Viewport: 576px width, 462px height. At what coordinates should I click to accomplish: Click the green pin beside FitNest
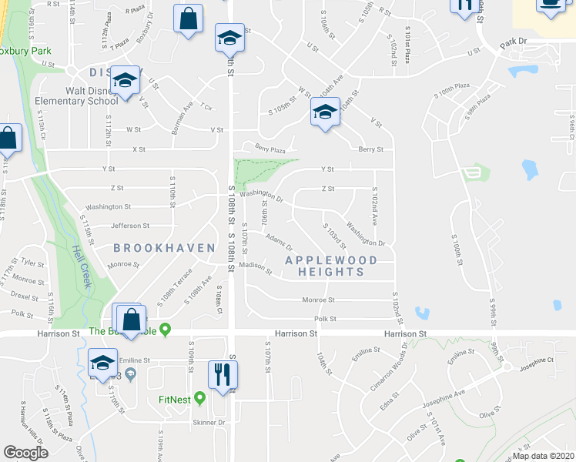point(199,399)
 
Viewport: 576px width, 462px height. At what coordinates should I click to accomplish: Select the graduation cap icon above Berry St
point(325,112)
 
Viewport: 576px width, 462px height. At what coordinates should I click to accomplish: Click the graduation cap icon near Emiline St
point(102,363)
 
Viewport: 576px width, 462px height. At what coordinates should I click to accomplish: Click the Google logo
point(25,452)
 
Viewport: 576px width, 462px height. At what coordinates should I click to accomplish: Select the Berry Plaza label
point(265,151)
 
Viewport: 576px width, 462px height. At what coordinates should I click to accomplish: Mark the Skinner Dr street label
point(209,423)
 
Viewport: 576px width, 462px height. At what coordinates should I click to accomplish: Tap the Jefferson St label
point(130,226)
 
